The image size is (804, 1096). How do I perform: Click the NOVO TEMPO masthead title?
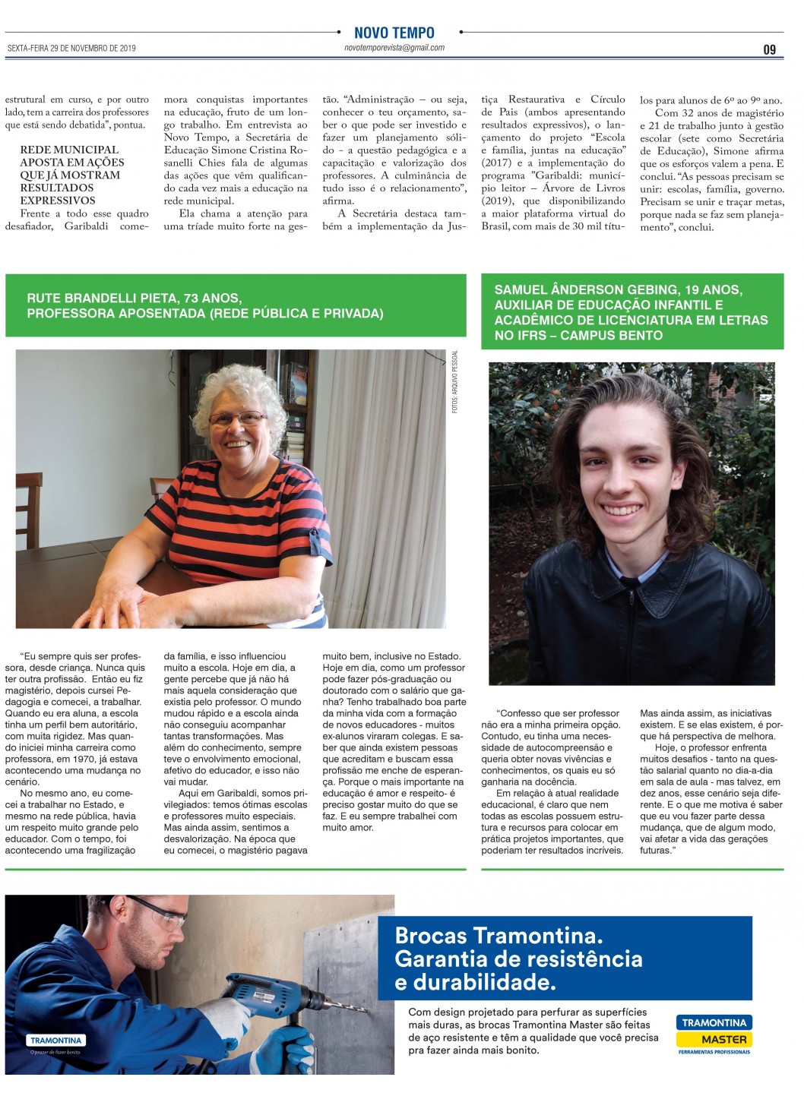point(394,33)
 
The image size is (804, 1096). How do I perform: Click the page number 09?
point(769,49)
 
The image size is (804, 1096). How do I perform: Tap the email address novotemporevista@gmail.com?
point(394,48)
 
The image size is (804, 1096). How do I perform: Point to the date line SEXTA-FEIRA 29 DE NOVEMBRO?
point(71,49)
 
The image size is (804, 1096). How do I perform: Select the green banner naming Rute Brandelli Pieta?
point(236,305)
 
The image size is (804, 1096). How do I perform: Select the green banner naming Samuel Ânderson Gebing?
point(631,312)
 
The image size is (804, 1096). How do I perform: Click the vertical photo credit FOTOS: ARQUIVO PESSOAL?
point(455,381)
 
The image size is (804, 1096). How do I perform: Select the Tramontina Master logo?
point(714,1034)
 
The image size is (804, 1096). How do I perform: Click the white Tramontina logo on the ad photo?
point(56,1040)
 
